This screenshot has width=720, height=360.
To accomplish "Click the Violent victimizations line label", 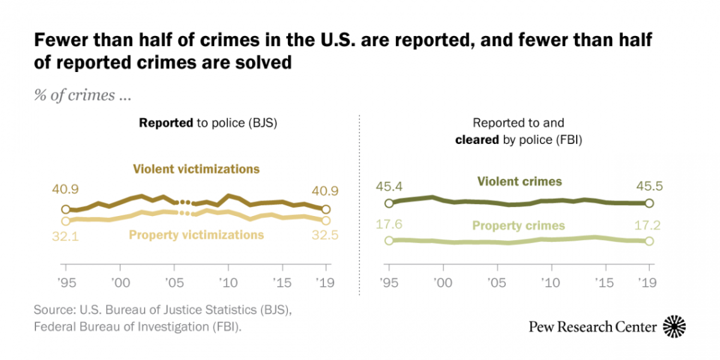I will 196,169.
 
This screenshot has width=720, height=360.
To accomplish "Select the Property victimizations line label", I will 196,235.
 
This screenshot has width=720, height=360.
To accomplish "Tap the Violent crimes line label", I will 519,182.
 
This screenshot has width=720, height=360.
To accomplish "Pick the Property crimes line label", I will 518,225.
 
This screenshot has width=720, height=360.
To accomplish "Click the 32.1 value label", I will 65,235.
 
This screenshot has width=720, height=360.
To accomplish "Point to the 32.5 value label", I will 325,235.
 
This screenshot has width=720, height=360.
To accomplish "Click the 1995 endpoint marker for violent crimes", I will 389,203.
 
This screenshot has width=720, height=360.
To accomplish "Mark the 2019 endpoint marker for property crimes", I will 649,241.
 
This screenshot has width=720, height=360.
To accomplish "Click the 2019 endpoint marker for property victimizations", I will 326,220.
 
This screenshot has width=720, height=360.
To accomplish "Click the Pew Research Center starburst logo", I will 674,326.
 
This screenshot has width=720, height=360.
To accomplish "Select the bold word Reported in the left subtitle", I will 165,124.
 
